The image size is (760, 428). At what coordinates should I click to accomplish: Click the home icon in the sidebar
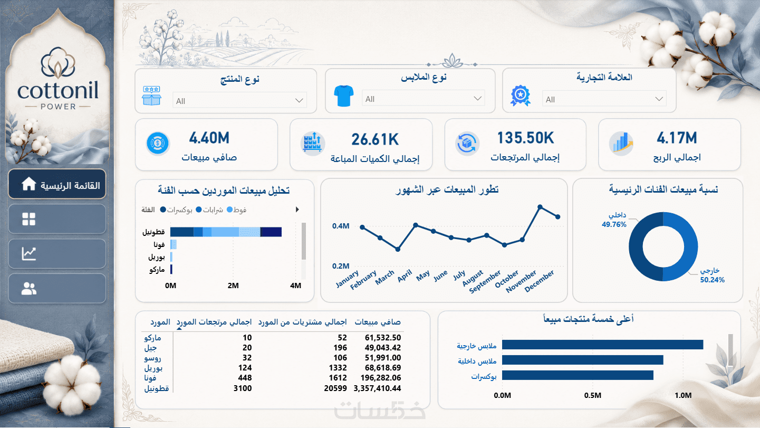coord(29,184)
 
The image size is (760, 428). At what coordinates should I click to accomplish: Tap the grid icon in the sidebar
coord(29,219)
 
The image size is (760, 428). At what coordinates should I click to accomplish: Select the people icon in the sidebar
coord(29,289)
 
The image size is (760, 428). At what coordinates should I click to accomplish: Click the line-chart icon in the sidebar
coord(29,253)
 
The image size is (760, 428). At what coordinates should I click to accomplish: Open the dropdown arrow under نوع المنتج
coord(299,100)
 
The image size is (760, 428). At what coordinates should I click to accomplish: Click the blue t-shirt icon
coord(344,96)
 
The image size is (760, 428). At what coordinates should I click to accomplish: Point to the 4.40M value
coord(209,138)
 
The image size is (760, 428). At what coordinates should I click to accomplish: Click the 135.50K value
coord(525,138)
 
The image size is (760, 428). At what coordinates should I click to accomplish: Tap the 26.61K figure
coord(375,139)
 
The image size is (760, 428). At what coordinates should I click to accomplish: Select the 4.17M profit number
coord(677,138)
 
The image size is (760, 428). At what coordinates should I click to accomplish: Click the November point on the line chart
coord(540,207)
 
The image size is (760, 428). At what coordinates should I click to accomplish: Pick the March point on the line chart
coord(398,250)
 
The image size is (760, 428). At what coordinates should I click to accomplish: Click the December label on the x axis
coord(539,281)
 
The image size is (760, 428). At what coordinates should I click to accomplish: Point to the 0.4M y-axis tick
coord(341,226)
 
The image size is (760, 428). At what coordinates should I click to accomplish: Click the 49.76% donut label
coord(614,224)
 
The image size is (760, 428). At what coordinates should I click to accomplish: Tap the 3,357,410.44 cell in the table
coord(377,388)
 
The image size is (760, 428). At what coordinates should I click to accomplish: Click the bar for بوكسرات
coord(578,375)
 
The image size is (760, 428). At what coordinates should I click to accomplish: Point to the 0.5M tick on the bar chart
coord(593,395)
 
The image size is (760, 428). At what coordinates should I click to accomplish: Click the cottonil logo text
coord(57,90)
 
